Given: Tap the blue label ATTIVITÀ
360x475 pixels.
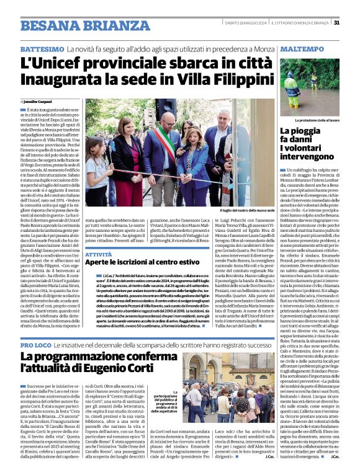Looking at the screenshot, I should [x=99, y=254].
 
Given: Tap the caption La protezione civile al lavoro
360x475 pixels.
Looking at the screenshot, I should [x=317, y=119].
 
